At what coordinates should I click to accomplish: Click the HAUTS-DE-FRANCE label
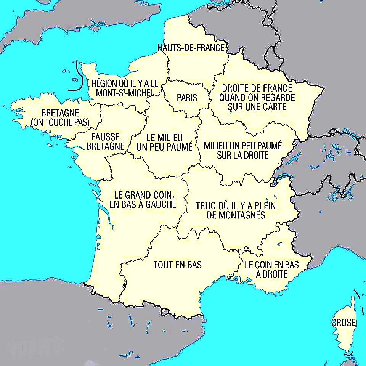(191, 48)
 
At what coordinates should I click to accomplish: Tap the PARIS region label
(187, 98)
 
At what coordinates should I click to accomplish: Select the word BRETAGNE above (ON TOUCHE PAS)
(60, 113)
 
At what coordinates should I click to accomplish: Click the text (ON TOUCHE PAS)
(60, 122)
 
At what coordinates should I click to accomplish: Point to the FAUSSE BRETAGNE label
(106, 141)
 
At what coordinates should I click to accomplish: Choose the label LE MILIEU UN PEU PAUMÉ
(164, 142)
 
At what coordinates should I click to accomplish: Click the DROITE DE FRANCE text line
(257, 88)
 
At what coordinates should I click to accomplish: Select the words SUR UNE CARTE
(257, 107)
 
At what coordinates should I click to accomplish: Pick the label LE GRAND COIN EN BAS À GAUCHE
(143, 199)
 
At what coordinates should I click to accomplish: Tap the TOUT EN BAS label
(177, 265)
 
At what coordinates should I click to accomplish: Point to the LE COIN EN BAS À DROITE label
(271, 269)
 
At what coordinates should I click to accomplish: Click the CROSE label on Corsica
(344, 323)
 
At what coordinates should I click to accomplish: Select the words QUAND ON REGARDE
(257, 98)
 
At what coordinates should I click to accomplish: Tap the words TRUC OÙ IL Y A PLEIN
(236, 206)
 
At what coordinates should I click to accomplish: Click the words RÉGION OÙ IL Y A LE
(125, 83)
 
